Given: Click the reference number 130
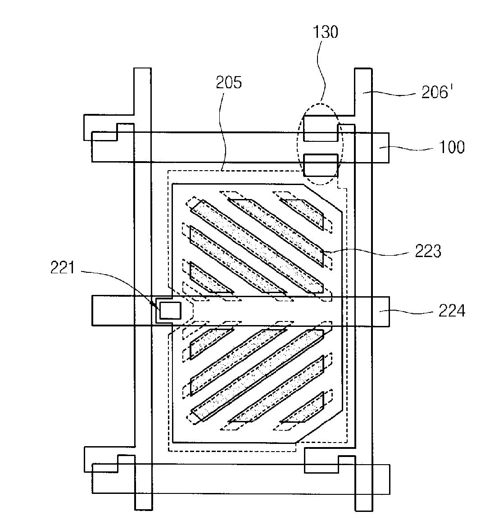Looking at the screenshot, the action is click(x=326, y=32).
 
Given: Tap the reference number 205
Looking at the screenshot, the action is click(x=229, y=82).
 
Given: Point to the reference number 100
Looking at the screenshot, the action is click(x=452, y=147).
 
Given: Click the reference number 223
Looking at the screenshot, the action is click(x=428, y=251).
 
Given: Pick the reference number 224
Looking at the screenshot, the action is click(x=452, y=311).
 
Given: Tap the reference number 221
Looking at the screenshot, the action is click(x=63, y=267).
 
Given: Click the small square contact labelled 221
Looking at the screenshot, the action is click(x=170, y=310).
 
